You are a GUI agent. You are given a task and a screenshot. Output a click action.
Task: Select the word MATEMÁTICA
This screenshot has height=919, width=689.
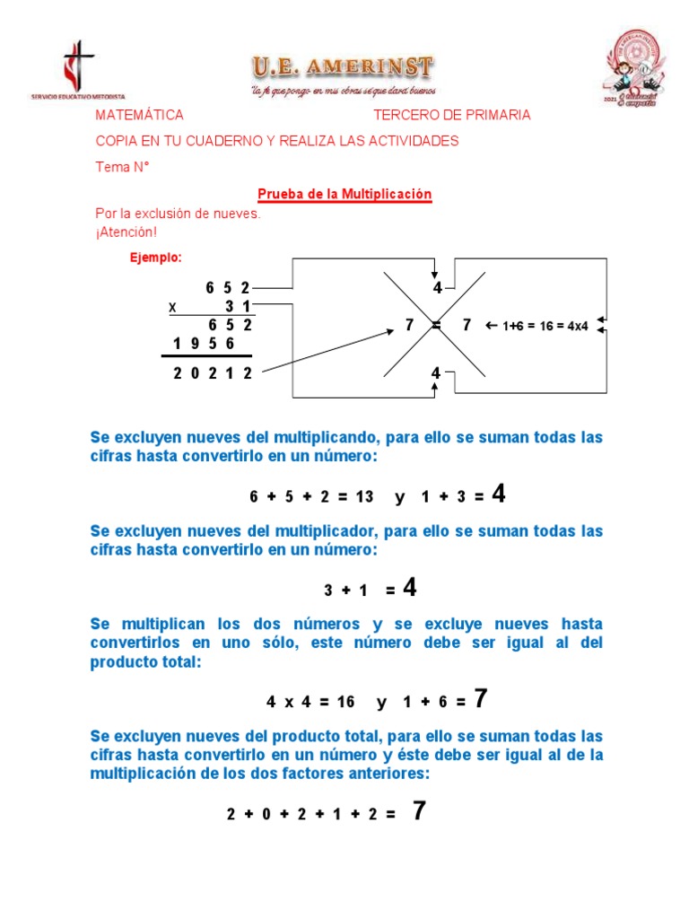[x=139, y=115]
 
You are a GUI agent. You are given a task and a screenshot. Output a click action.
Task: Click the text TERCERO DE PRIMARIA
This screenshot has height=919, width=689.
[x=451, y=115]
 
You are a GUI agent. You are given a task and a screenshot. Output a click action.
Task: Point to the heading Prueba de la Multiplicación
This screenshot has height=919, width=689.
[x=344, y=194]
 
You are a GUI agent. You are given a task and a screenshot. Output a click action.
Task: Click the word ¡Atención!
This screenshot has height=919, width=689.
[x=126, y=232]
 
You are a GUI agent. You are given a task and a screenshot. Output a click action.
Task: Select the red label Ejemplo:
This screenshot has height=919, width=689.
[x=156, y=258]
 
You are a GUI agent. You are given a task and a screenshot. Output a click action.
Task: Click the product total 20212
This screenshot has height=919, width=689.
[x=213, y=373]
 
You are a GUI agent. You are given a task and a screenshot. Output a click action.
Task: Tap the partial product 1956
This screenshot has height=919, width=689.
[x=204, y=344]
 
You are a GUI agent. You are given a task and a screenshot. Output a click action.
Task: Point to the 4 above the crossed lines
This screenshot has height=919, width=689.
[x=437, y=288]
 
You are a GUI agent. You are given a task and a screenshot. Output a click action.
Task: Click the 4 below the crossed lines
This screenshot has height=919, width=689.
[x=436, y=372]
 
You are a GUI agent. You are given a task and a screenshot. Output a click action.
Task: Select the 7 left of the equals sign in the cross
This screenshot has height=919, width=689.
[x=409, y=325]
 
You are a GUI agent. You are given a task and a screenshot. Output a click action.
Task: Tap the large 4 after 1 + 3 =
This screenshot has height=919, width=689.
[x=499, y=494]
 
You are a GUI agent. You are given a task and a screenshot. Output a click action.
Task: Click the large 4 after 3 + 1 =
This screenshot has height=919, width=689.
[x=409, y=588]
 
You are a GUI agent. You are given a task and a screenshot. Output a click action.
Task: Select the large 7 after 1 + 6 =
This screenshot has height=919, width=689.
[x=480, y=699]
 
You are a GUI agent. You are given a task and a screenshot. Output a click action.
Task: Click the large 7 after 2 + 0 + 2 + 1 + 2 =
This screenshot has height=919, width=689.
[x=418, y=811]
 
